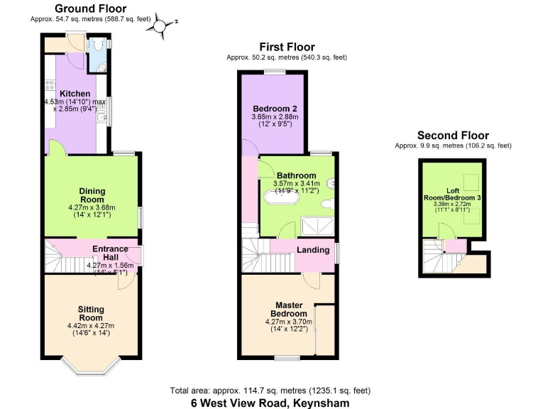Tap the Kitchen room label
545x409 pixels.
pos(75,94)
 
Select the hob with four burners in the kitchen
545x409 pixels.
pos(50,85)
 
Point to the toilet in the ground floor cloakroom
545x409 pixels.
pos(100,44)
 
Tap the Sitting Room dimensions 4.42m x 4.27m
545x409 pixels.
pos(91,326)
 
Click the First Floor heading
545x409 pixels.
pos(287,46)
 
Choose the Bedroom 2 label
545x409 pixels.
pos(275,108)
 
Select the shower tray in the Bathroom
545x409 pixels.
pos(316,226)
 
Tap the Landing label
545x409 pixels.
pos(312,250)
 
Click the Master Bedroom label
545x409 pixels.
pos(292,310)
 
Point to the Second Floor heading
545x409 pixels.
pos(453,136)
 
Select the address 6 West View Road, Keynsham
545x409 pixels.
pos(270,403)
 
